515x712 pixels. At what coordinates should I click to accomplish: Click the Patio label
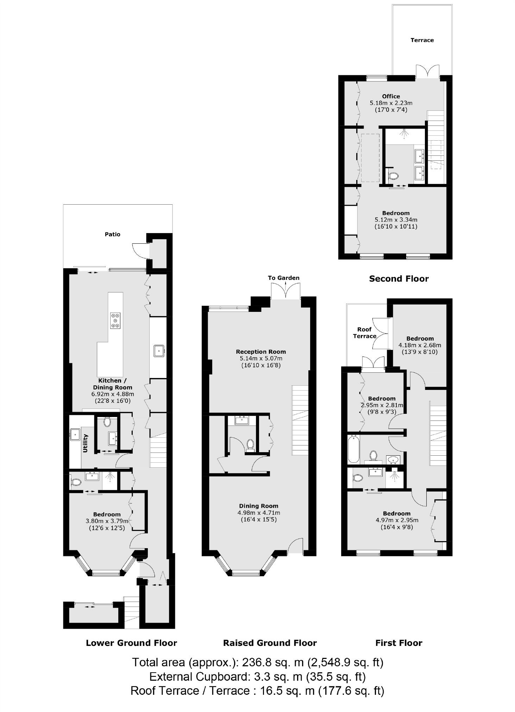[x=112, y=234]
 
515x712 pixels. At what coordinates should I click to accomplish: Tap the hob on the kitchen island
[x=115, y=320]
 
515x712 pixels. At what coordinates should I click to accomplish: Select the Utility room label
[x=85, y=443]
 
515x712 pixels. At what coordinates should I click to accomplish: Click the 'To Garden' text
[x=283, y=278]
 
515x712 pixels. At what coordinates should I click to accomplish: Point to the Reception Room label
[x=260, y=352]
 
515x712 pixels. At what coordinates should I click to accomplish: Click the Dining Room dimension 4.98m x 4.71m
[x=259, y=513]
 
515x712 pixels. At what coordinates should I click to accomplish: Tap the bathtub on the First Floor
[x=353, y=449]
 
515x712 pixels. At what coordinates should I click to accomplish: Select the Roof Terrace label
[x=365, y=333]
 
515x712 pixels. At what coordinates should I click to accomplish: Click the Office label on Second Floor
[x=391, y=96]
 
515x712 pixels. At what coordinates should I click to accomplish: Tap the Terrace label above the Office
[x=422, y=40]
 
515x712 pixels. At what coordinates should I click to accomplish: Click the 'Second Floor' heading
[x=398, y=279]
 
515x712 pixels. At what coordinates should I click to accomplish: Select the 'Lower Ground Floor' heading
[x=131, y=643]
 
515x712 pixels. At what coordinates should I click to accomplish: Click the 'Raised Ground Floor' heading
[x=270, y=643]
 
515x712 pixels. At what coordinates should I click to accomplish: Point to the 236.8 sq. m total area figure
[x=273, y=662]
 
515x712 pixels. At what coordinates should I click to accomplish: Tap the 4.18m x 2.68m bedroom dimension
[x=420, y=345]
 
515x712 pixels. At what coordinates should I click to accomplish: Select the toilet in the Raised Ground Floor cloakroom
[x=250, y=444]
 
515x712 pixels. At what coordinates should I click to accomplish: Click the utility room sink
[x=75, y=434]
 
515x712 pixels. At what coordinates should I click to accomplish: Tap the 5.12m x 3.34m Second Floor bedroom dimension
[x=396, y=220]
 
